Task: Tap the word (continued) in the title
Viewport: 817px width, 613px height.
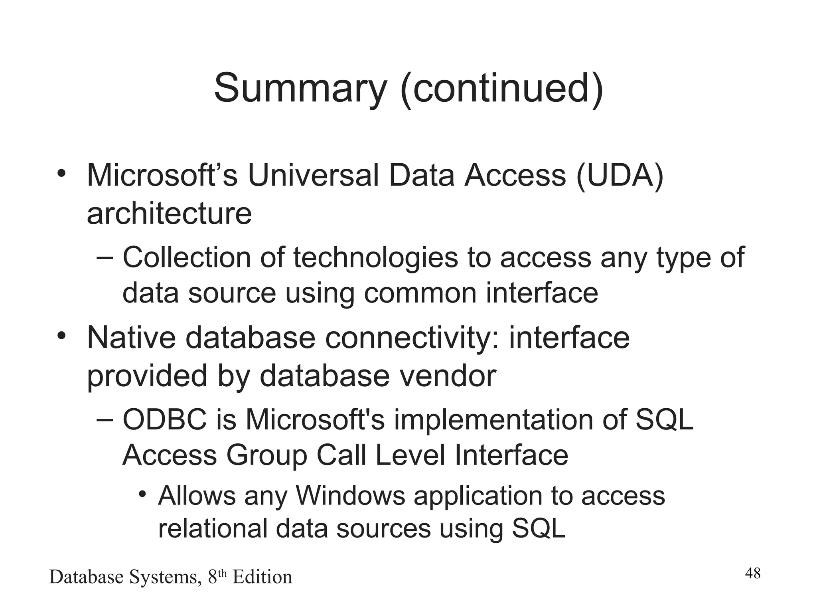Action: (x=502, y=88)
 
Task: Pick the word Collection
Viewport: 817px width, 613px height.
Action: (x=187, y=257)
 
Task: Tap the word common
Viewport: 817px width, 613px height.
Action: (x=420, y=293)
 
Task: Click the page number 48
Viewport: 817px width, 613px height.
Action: (x=752, y=573)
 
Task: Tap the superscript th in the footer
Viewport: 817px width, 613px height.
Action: (x=222, y=573)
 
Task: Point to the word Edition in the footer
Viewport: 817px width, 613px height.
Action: (x=262, y=577)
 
